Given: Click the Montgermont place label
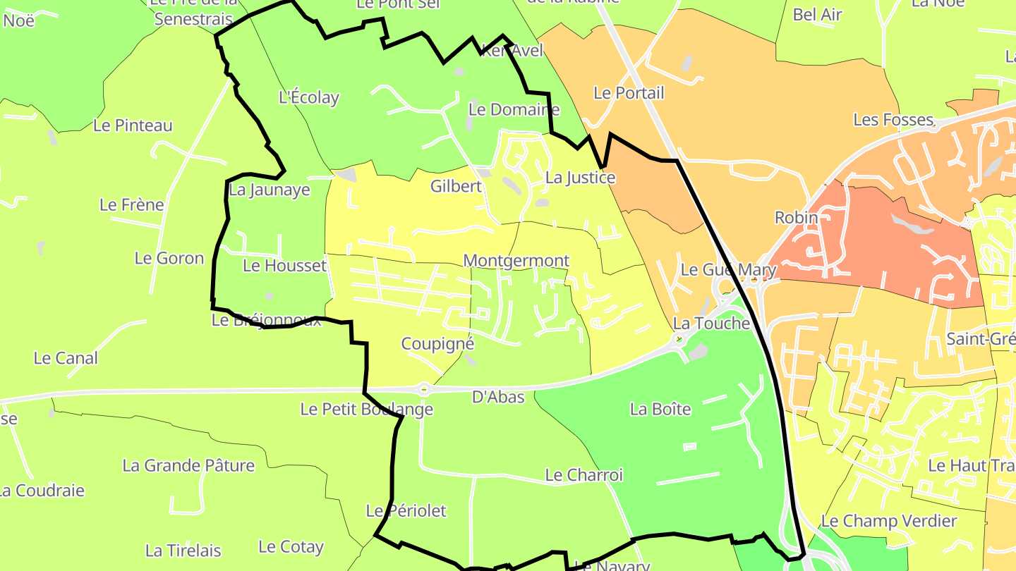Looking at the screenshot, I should [x=516, y=261].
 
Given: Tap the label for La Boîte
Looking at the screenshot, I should [x=660, y=409].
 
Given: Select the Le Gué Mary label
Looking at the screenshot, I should [x=728, y=270].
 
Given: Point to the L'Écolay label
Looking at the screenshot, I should [x=309, y=98].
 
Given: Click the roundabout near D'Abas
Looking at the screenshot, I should [x=423, y=388].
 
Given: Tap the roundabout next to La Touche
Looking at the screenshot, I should [x=679, y=340].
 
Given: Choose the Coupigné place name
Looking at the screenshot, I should [x=437, y=344].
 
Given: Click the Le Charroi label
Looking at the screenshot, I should [x=583, y=475].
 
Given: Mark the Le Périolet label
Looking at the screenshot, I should [x=406, y=510].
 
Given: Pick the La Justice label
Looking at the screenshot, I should [x=580, y=178].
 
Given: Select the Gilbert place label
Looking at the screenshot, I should [x=456, y=186].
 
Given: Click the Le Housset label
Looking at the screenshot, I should [x=284, y=266].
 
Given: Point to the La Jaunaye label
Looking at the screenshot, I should [x=270, y=190].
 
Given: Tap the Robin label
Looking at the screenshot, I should [x=796, y=217].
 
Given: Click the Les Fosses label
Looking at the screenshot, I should [x=893, y=120].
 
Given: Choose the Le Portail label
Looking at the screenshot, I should [x=629, y=93].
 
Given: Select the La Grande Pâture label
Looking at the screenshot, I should [x=188, y=465].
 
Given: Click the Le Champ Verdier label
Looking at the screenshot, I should [x=888, y=522].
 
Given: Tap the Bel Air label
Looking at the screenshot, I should [x=817, y=14].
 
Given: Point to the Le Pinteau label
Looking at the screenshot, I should [x=133, y=125].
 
